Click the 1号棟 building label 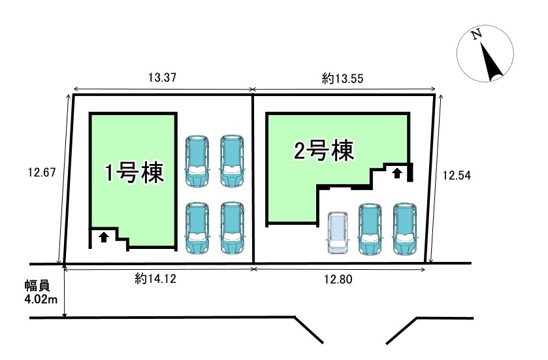pyautogui.click(x=135, y=174)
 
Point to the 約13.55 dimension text pyautogui.click(x=342, y=78)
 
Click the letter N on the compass pyautogui.click(x=477, y=33)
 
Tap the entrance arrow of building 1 pyautogui.click(x=103, y=237)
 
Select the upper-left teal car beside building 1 pyautogui.click(x=197, y=161)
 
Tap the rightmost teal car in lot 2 pyautogui.click(x=404, y=229)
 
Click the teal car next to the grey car pyautogui.click(x=370, y=229)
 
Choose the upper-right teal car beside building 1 pyautogui.click(x=231, y=161)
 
